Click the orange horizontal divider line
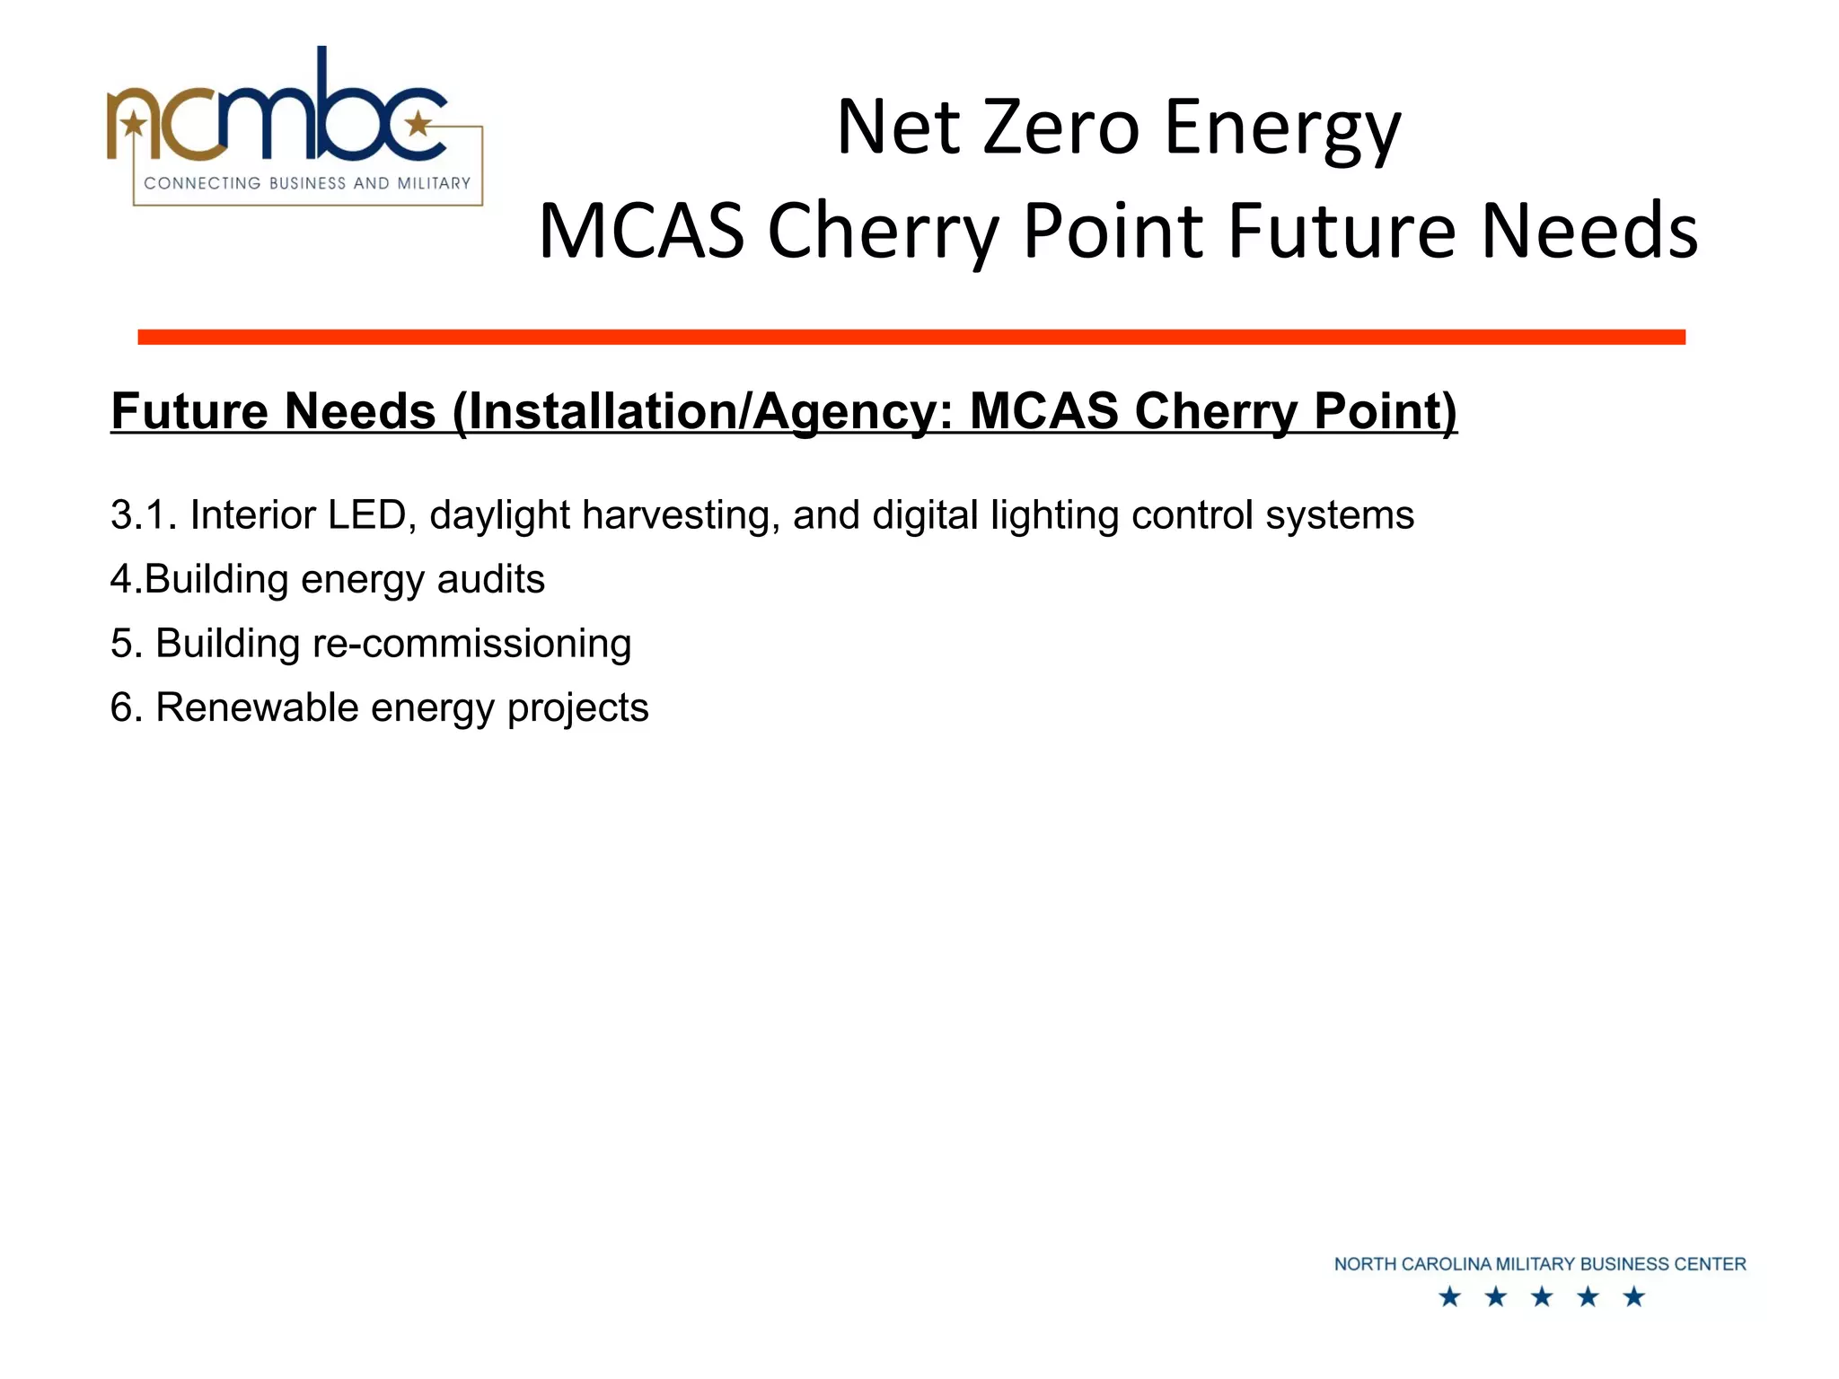pos(911,337)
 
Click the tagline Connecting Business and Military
pos(307,183)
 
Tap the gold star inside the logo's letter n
pos(134,123)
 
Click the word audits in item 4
pos(490,579)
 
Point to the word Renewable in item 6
pos(257,707)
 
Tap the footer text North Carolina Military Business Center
pos(1539,1264)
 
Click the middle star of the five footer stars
pos(1542,1296)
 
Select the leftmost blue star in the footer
pos(1449,1296)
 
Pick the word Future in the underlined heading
pos(183,412)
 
